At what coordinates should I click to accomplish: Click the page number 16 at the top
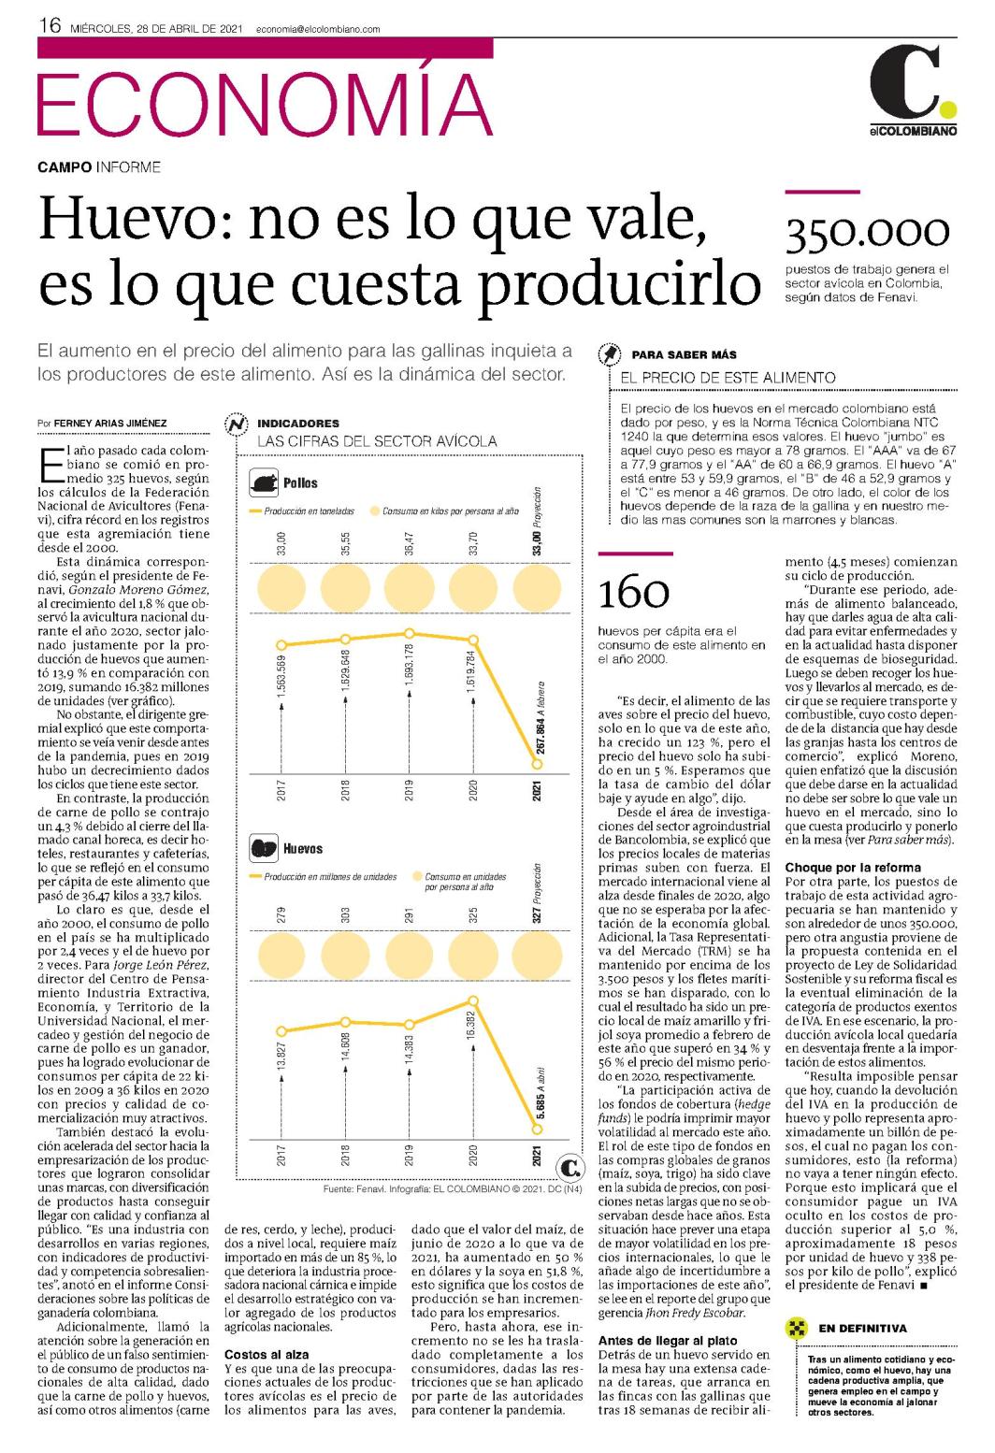pos(50,26)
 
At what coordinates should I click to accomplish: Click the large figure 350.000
pos(867,233)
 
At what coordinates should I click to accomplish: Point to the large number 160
pos(633,593)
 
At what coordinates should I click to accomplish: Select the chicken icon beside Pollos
pos(264,483)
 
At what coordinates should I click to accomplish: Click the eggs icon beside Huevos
pos(264,848)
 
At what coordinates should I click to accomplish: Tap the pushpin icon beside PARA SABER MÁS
pos(610,354)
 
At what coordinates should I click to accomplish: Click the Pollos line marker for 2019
pos(410,633)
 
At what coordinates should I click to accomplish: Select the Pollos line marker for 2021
pos(537,764)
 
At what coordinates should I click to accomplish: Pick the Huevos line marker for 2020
pos(473,1000)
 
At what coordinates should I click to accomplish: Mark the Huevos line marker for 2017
pos(281,1031)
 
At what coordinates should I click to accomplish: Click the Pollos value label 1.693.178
pos(410,667)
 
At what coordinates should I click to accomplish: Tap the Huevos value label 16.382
pos(473,1027)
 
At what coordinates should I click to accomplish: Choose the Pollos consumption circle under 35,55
pos(346,588)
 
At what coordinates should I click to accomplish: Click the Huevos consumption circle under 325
pos(473,956)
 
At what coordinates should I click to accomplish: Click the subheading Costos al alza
pos(267,1354)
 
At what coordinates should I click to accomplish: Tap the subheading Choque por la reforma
pos(853,868)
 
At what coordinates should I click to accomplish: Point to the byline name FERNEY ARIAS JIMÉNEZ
pos(110,423)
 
